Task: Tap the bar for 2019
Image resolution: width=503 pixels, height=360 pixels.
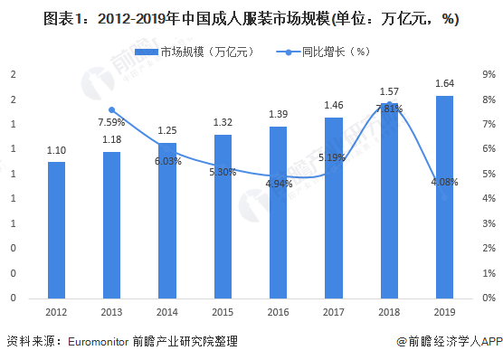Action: pyautogui.click(x=444, y=196)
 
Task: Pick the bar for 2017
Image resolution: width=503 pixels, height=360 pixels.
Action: pyautogui.click(x=334, y=207)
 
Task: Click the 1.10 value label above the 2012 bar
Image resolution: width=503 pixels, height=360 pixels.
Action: pyautogui.click(x=56, y=151)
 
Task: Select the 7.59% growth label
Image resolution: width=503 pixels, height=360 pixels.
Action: pyautogui.click(x=112, y=122)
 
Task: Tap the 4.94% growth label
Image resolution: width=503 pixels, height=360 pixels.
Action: pyautogui.click(x=279, y=184)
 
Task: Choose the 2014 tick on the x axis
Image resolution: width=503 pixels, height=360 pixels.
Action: pyautogui.click(x=167, y=313)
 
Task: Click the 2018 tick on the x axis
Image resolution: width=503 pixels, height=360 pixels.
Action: pyautogui.click(x=389, y=313)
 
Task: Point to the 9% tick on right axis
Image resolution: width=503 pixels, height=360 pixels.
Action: pyautogui.click(x=489, y=74)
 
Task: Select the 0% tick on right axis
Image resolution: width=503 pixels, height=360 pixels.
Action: pyautogui.click(x=489, y=298)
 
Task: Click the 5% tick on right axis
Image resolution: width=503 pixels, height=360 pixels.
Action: pyautogui.click(x=489, y=174)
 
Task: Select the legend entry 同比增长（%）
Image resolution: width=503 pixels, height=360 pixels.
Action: pyautogui.click(x=333, y=52)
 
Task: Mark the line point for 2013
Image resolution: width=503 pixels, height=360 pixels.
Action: pyautogui.click(x=112, y=109)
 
